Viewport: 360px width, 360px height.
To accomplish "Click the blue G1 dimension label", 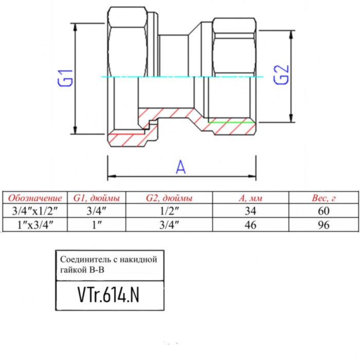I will point(66,78).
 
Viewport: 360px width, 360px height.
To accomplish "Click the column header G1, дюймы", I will point(97,198).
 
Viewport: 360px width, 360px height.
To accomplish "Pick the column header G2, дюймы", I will point(169,198).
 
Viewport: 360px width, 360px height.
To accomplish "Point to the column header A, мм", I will point(250,198).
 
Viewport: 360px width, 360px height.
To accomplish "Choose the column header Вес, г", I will point(323,198).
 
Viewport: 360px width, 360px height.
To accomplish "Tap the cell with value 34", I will point(250,210).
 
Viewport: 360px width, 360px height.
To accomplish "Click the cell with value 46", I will point(250,224).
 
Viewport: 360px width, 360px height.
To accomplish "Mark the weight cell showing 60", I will point(323,210).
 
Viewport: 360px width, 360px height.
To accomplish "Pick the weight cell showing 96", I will point(323,224).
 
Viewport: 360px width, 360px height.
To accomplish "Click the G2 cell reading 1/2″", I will point(169,210).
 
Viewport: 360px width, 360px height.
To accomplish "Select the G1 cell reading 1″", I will point(97,224).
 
